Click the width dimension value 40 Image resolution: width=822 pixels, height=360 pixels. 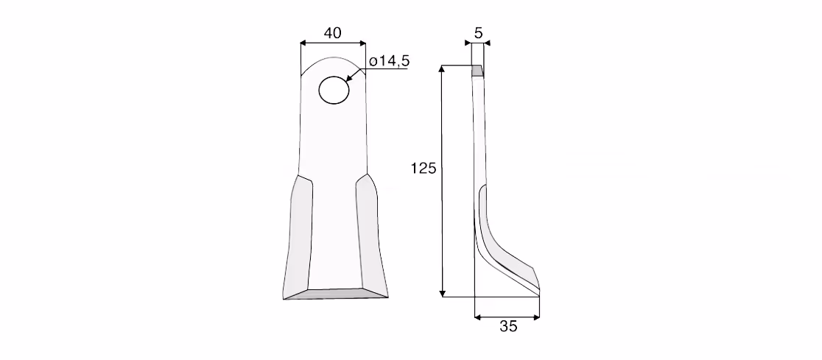point(332,32)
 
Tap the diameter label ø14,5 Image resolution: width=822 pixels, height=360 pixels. point(389,61)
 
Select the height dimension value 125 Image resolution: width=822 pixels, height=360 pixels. point(424,169)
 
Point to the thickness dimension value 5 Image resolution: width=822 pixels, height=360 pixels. point(478,33)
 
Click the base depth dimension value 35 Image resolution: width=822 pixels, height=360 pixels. point(508,326)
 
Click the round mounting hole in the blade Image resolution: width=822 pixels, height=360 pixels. point(334,90)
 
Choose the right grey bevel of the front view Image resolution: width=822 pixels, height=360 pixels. point(372,236)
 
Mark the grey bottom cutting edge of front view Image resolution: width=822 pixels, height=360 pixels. point(336,294)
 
